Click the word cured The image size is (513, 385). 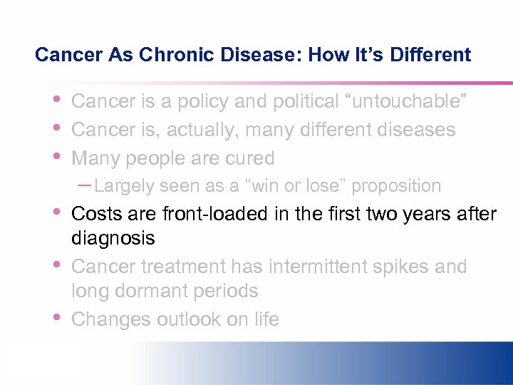[249, 158]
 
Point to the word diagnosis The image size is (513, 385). [113, 238]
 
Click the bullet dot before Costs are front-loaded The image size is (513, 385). [57, 211]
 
